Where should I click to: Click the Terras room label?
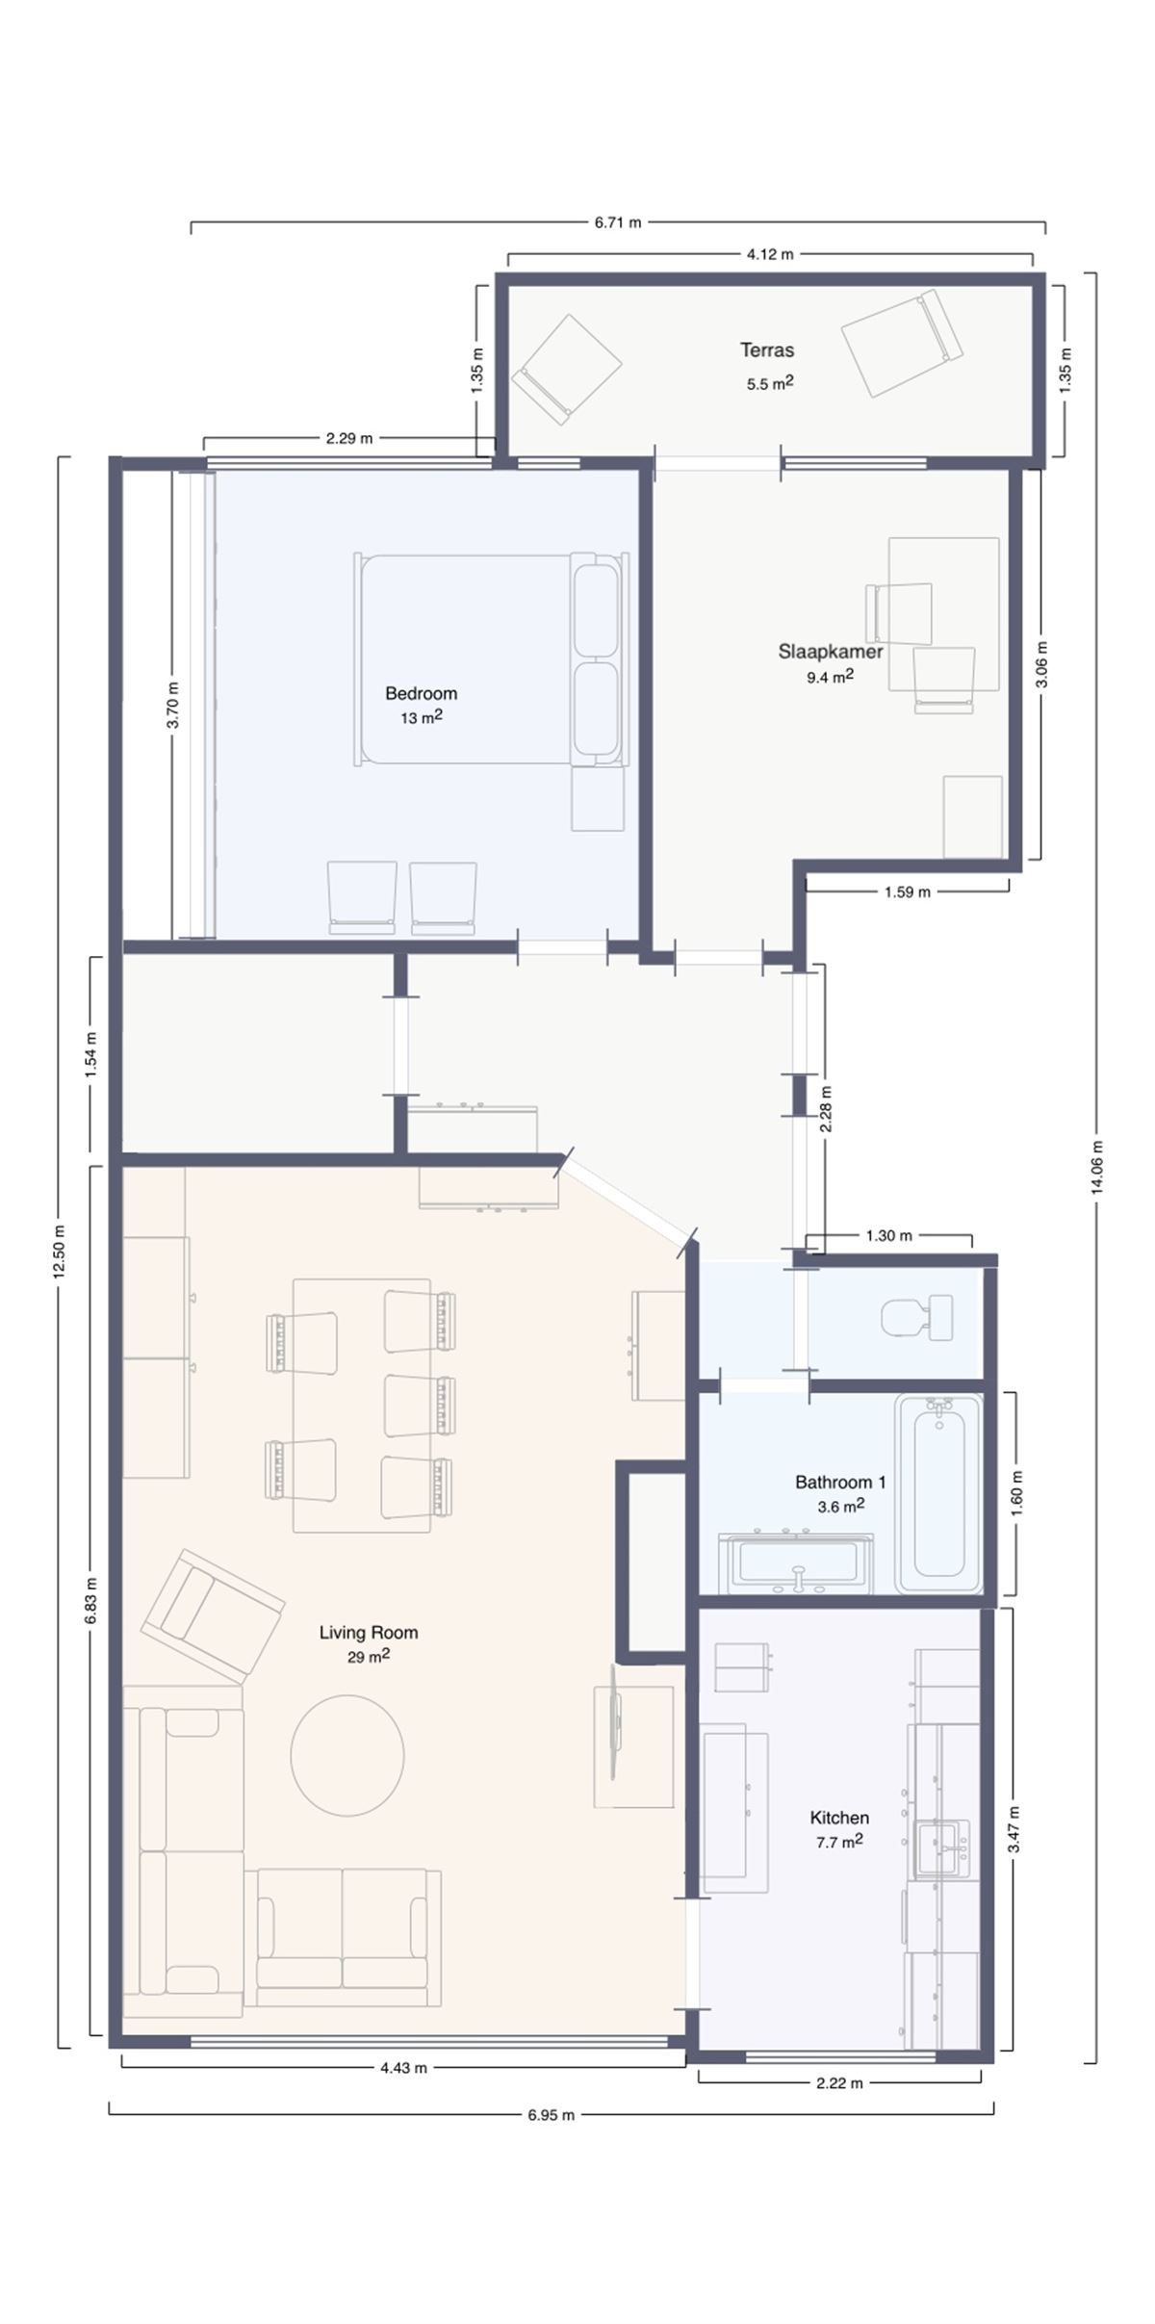(767, 349)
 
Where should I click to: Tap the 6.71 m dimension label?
(617, 222)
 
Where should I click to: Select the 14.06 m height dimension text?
(1096, 1167)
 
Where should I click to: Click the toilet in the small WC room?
(915, 1317)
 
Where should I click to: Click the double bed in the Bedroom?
(489, 659)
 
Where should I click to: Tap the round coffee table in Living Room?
(347, 1755)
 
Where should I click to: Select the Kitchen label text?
(839, 1818)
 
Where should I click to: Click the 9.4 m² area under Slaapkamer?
(830, 677)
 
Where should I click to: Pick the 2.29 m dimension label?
(348, 438)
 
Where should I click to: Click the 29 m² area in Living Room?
(368, 1657)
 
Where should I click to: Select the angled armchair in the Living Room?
(213, 1614)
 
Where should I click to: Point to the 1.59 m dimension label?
(907, 891)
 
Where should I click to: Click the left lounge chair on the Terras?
(567, 369)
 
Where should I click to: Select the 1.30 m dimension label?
(888, 1235)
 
